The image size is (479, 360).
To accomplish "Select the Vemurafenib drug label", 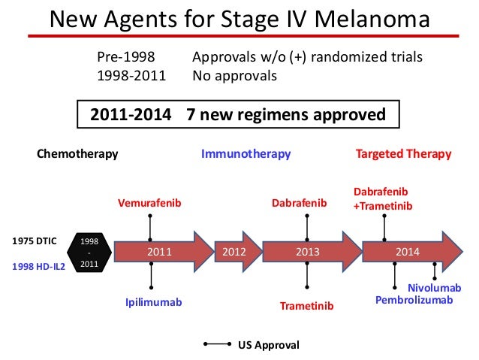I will tap(150, 203).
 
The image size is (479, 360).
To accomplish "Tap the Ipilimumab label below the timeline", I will tap(153, 302).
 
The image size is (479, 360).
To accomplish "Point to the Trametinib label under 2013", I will tap(306, 306).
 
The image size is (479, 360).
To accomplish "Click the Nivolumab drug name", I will tap(434, 288).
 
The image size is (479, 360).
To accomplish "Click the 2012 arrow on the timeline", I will tap(230, 253).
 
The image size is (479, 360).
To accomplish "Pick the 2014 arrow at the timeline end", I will tap(409, 253).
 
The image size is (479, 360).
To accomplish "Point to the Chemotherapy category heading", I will tap(78, 154).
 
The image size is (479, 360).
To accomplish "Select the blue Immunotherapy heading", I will tap(246, 154).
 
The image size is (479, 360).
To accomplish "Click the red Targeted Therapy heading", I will tap(403, 154).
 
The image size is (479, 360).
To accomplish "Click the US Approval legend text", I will tap(268, 345).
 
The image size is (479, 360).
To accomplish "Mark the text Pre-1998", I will tap(125, 58).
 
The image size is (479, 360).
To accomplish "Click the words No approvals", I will tap(235, 76).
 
